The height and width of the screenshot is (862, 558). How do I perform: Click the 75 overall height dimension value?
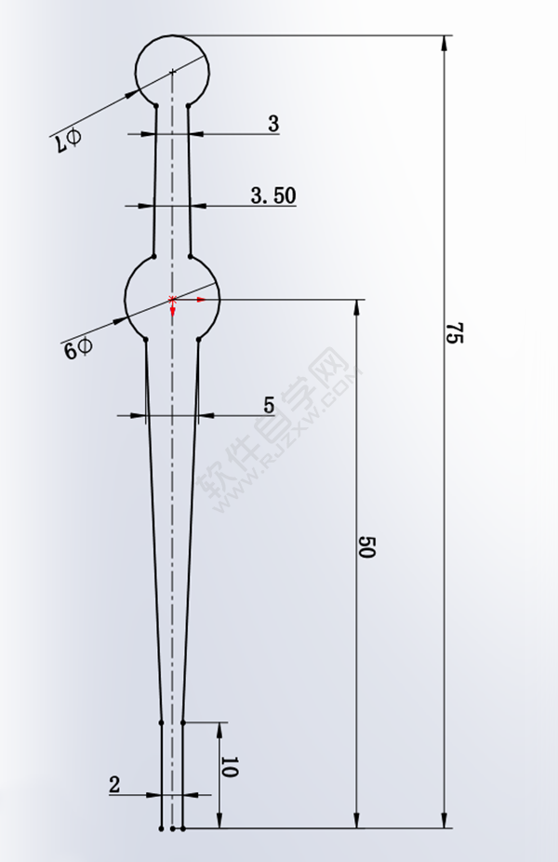453,334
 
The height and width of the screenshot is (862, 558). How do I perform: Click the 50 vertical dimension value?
365,547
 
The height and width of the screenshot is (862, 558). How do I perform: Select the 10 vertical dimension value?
230,768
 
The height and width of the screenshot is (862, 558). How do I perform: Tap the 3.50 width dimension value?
272,195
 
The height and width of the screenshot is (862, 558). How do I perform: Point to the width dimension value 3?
273,124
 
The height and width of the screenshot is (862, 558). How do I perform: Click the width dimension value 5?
269,405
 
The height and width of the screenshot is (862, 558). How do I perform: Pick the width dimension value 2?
114,785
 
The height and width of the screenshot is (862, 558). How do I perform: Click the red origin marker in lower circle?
173,299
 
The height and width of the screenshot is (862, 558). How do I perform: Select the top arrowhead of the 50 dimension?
355,308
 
